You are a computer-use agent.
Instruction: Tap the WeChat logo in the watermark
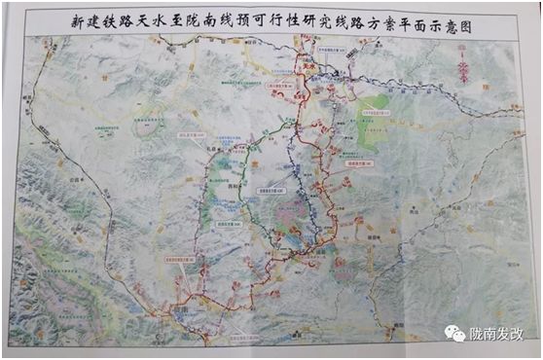(x=454, y=333)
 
